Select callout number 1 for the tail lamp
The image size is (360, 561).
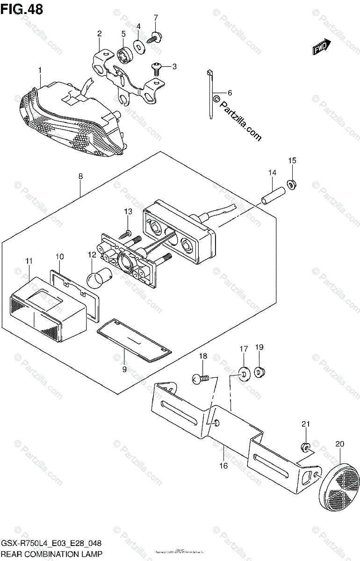tap(40, 70)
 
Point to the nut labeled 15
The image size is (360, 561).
tap(290, 186)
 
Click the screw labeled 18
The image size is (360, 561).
tap(198, 380)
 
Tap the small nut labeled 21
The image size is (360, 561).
tap(304, 448)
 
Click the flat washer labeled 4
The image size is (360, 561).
tap(139, 46)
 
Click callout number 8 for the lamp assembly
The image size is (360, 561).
tap(80, 177)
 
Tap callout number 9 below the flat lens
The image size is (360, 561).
tap(124, 369)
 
